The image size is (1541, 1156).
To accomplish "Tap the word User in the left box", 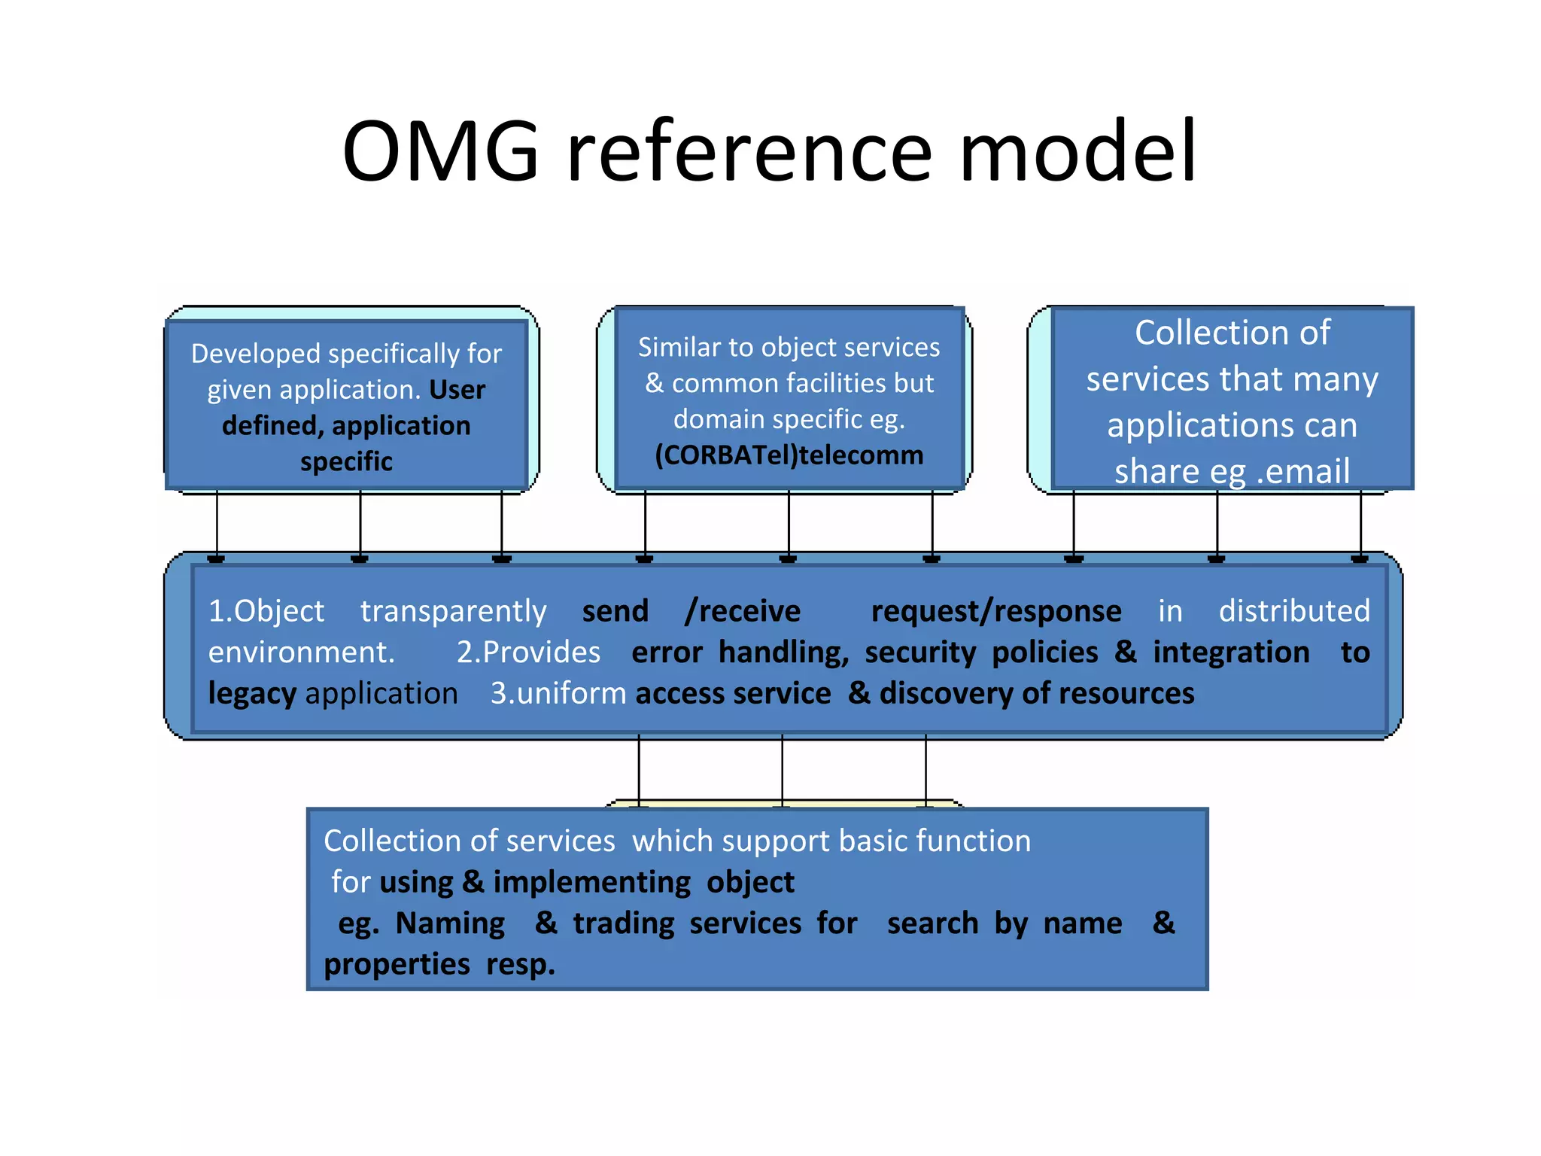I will point(457,390).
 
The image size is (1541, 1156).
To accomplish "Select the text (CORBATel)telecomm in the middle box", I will point(789,455).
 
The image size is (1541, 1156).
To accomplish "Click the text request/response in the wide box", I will point(995,611).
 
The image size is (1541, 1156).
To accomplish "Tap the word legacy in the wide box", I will point(252,693).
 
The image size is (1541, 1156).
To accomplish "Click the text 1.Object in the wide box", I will point(266,611).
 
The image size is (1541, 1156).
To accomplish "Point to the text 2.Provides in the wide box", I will point(528,653).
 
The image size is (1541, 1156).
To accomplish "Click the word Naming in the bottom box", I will point(450,923).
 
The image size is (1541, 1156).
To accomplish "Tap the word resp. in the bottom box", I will point(520,965).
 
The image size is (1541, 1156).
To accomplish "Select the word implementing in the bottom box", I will point(591,882).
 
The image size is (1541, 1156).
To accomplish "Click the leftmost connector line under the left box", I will point(217,523).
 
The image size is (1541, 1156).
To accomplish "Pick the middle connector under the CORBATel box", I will point(789,523).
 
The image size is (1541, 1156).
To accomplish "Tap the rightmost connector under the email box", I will point(1360,523).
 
